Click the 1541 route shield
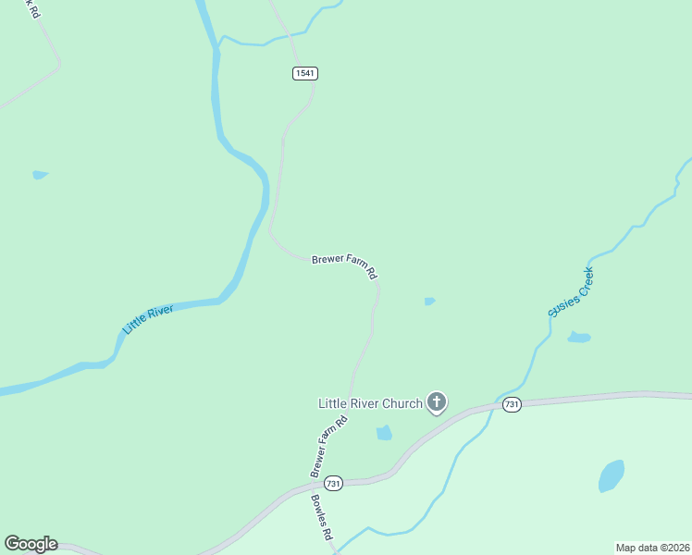click(x=305, y=73)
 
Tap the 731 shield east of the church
click(x=513, y=404)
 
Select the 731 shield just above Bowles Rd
click(x=334, y=483)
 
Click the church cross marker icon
click(x=437, y=401)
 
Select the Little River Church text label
click(x=370, y=403)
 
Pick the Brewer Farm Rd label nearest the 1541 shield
click(x=345, y=266)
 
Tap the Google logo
click(x=31, y=544)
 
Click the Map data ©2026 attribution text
click(x=652, y=548)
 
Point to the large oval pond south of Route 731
click(x=611, y=475)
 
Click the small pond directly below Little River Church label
click(x=384, y=432)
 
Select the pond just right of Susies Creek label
click(x=578, y=337)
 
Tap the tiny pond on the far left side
click(x=40, y=174)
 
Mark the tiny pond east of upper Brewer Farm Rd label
click(x=429, y=301)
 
